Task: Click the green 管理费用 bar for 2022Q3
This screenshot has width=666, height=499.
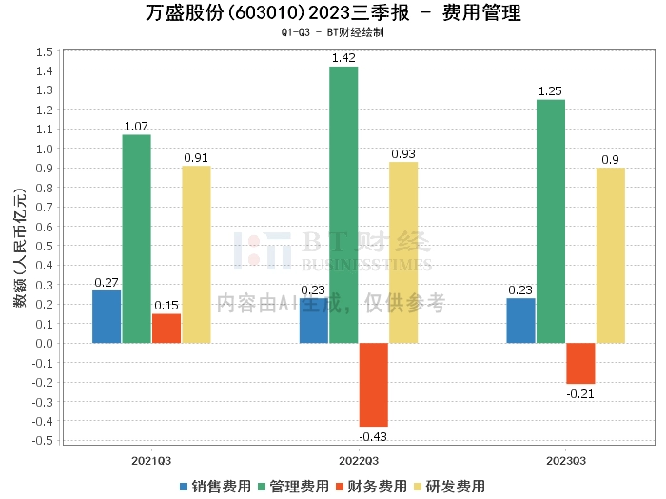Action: [x=343, y=205]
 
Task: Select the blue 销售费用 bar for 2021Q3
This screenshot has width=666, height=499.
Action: [x=107, y=316]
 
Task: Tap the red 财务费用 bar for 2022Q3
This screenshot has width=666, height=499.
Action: [x=374, y=384]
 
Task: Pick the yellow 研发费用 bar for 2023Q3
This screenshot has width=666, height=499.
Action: [x=611, y=255]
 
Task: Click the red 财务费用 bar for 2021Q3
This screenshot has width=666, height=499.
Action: [x=166, y=328]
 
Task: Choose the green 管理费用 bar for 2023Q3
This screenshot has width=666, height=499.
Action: [x=551, y=221]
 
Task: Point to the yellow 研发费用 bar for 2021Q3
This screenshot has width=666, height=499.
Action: [x=196, y=254]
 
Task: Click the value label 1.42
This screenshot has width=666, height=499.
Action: [x=343, y=59]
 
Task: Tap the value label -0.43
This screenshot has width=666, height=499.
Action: [x=373, y=436]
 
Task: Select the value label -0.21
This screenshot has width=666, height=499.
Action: [x=580, y=393]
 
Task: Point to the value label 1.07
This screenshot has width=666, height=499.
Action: [x=136, y=127]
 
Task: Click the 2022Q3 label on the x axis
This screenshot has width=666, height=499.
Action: [x=359, y=459]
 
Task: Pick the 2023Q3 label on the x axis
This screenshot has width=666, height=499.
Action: [x=566, y=459]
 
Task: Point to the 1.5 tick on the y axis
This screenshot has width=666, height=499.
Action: [x=43, y=50]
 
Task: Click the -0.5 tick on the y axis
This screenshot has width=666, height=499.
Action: [x=41, y=441]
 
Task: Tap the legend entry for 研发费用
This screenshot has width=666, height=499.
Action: [x=448, y=486]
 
